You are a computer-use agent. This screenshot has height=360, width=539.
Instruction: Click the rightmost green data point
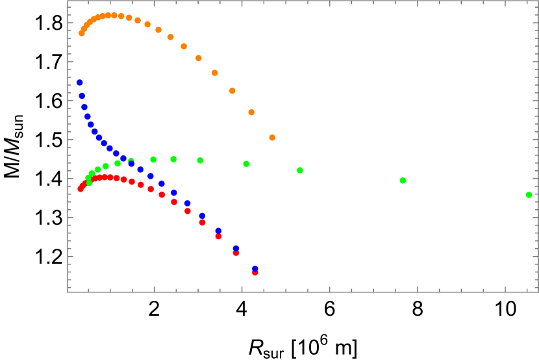(529, 194)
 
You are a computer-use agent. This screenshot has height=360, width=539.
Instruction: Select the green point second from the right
(403, 180)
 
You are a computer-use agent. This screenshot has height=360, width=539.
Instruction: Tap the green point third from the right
(300, 170)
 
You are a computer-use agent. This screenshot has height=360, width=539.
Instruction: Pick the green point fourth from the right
(246, 164)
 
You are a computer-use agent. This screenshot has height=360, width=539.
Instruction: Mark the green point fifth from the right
(200, 160)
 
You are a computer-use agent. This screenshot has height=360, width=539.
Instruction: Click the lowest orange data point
(272, 137)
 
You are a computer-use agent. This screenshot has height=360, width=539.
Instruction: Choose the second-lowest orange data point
(251, 112)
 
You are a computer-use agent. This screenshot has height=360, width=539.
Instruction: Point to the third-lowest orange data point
(232, 90)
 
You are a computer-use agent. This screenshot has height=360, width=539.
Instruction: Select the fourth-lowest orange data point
(215, 73)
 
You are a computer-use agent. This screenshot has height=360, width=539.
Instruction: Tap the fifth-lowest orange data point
(199, 58)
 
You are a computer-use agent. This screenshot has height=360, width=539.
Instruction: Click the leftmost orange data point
(82, 33)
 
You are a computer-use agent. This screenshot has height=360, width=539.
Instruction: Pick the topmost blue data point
(80, 83)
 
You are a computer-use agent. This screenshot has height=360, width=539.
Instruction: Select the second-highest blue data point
(82, 96)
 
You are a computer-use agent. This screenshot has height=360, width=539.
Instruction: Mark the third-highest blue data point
(84, 107)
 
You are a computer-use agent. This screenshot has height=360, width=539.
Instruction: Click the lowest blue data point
(255, 268)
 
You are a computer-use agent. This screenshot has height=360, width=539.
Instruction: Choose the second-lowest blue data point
(236, 248)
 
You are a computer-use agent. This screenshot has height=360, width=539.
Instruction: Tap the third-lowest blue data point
(218, 231)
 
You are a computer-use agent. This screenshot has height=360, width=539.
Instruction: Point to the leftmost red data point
(81, 188)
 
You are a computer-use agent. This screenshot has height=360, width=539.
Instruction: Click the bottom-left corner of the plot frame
(68, 292)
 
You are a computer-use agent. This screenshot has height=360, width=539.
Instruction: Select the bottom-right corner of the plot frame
(538, 292)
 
